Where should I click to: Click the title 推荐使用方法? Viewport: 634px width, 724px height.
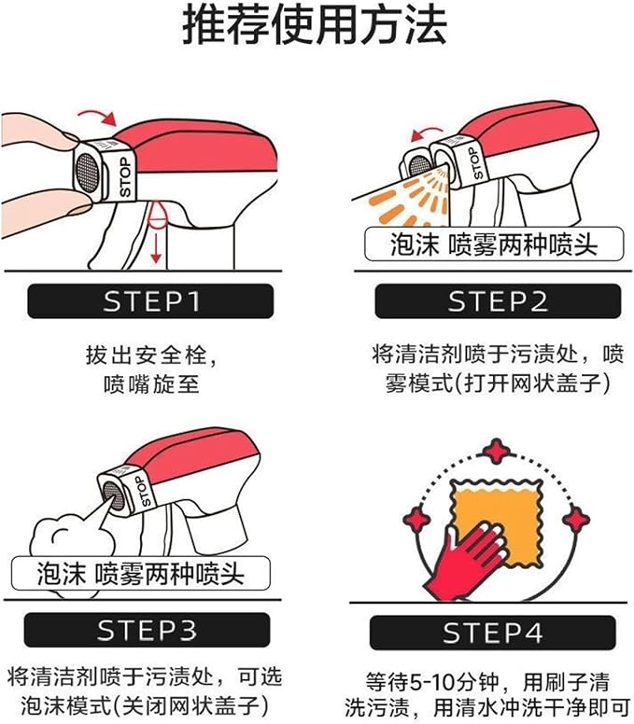(x=315, y=24)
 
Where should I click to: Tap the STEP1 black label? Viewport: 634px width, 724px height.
(x=150, y=301)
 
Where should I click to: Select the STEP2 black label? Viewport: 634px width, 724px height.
(x=498, y=301)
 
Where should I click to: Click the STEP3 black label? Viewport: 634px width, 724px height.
(x=147, y=630)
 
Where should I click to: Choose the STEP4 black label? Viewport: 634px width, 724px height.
(x=493, y=633)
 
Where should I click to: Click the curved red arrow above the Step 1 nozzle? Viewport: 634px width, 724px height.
(x=98, y=117)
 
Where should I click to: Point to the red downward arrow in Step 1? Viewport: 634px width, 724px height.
(x=156, y=248)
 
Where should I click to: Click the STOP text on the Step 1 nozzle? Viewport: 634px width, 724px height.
(x=125, y=177)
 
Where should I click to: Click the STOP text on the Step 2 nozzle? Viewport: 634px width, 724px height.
(x=475, y=163)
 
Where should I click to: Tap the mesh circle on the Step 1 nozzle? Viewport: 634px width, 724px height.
(x=88, y=172)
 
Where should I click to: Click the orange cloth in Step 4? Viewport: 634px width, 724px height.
(x=497, y=522)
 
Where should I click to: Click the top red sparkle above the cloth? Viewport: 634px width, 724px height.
(x=497, y=452)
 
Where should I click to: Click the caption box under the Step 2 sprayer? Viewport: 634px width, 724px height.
(x=494, y=244)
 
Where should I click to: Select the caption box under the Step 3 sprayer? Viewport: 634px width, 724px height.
(x=140, y=574)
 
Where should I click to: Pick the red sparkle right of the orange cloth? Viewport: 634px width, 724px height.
(x=576, y=520)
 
